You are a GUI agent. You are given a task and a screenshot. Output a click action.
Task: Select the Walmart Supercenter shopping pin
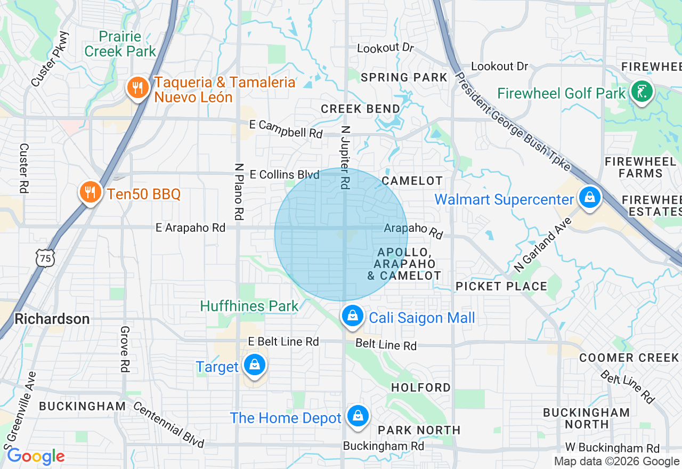[589, 198]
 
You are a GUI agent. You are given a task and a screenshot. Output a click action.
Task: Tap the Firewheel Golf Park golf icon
[642, 92]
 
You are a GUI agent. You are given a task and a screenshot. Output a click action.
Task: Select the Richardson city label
[52, 319]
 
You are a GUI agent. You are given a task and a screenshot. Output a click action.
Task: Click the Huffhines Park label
[249, 306]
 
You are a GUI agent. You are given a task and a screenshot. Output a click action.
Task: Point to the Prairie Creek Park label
[120, 44]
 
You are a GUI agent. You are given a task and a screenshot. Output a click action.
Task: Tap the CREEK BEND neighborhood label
[360, 109]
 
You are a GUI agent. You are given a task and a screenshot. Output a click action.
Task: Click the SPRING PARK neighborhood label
[404, 77]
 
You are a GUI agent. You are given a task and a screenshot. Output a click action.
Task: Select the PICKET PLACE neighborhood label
[501, 286]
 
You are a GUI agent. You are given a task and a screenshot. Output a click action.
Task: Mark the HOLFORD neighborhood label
[420, 387]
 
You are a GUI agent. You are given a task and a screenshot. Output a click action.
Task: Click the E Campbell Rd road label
[286, 129]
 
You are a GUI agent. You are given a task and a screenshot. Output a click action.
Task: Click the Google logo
[36, 456]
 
